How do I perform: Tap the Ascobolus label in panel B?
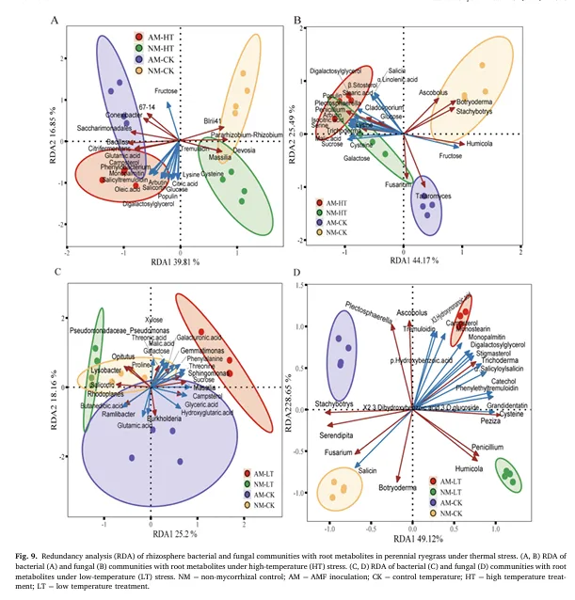click(434, 93)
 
